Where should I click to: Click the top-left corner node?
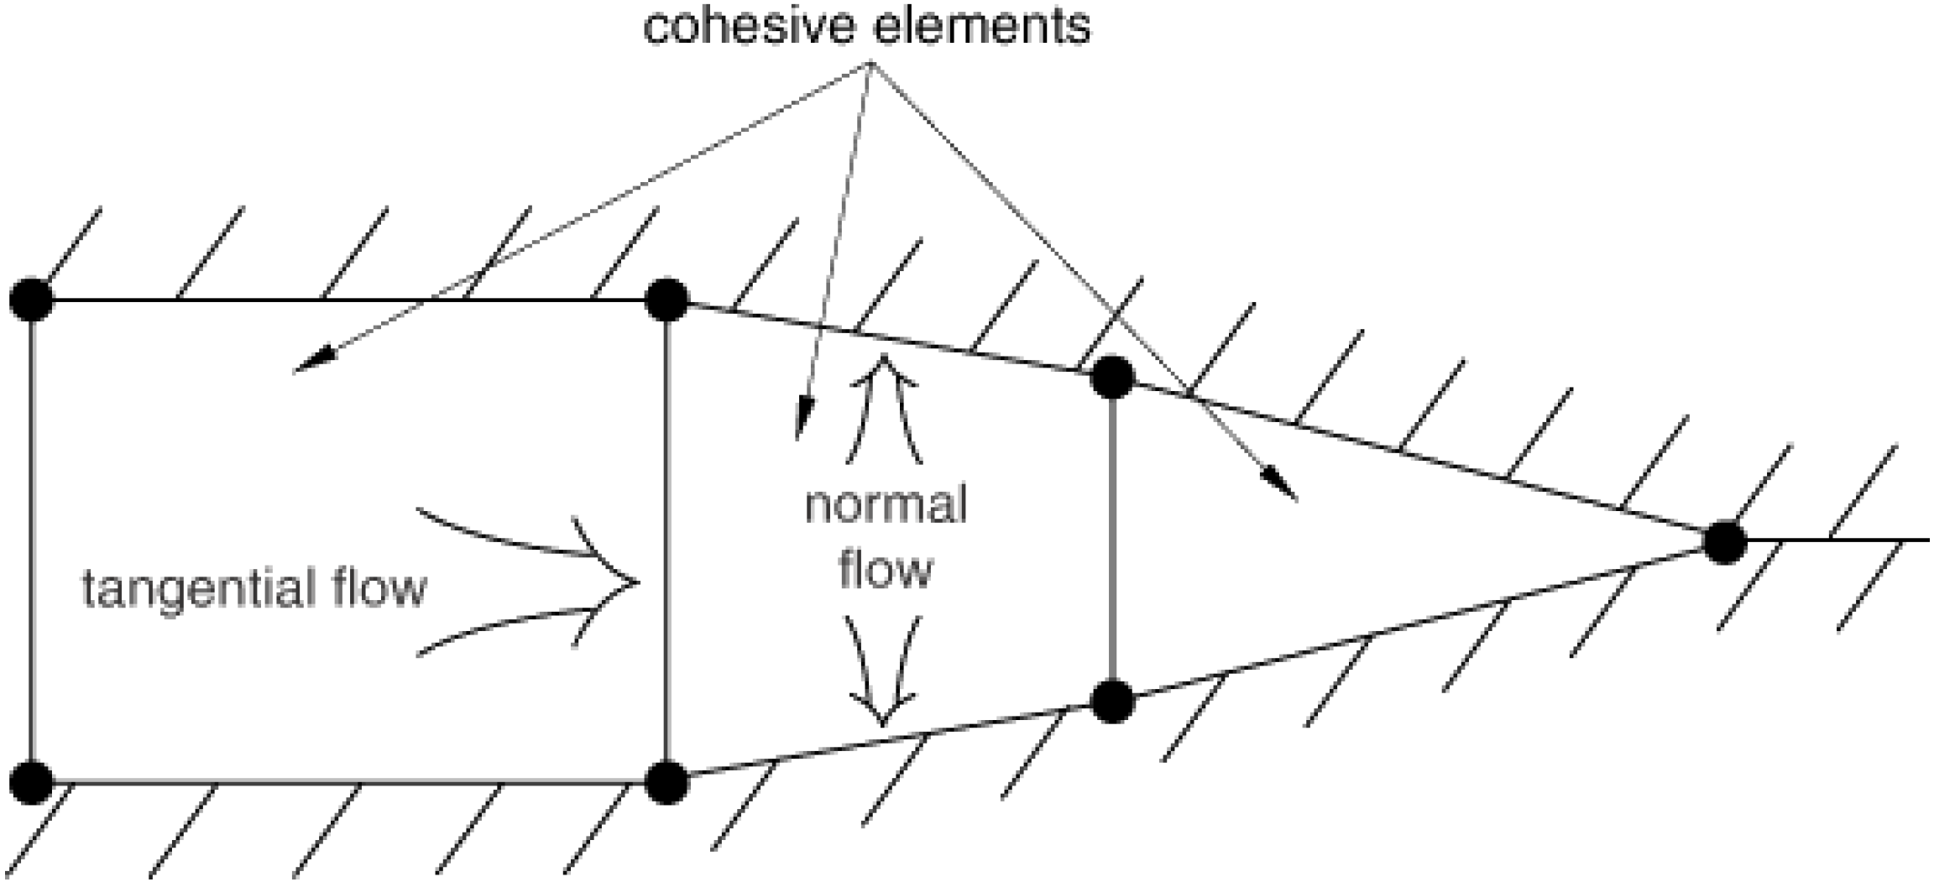[x=31, y=300]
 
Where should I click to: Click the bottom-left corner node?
[x=31, y=783]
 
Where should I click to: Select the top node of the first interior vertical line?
[x=667, y=300]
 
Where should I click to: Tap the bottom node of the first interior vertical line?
[x=667, y=783]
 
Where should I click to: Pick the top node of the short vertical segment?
[x=1112, y=377]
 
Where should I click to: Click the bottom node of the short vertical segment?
[x=1112, y=702]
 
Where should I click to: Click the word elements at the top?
[x=982, y=26]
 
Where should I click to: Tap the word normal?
[x=886, y=505]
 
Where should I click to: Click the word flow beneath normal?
[x=886, y=570]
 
